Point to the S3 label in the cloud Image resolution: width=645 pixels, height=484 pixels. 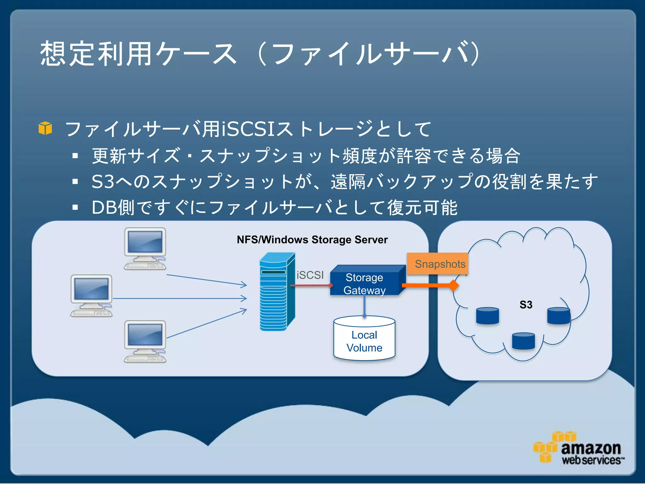coord(526,305)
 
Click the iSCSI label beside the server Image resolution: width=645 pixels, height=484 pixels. coord(310,275)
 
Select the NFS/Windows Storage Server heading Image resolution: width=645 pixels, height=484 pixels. coord(312,240)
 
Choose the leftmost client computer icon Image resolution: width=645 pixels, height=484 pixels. coord(91,296)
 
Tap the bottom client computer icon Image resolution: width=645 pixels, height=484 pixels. coord(145,342)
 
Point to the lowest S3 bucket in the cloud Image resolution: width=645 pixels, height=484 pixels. coord(523,341)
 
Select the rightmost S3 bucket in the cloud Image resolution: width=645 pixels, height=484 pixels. coord(559,316)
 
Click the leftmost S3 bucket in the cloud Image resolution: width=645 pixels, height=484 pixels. coord(487,316)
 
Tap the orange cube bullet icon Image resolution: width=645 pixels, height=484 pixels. coord(45,128)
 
